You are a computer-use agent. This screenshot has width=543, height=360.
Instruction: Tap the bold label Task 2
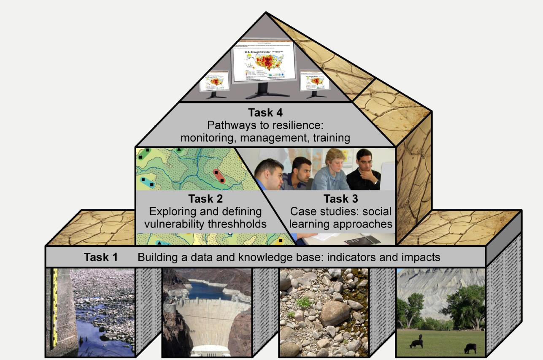pos(205,198)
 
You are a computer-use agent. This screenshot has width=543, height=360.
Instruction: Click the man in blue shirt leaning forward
pos(268,177)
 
